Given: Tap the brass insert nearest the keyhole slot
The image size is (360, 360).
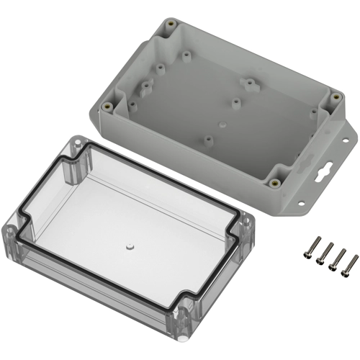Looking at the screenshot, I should pos(275,182).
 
